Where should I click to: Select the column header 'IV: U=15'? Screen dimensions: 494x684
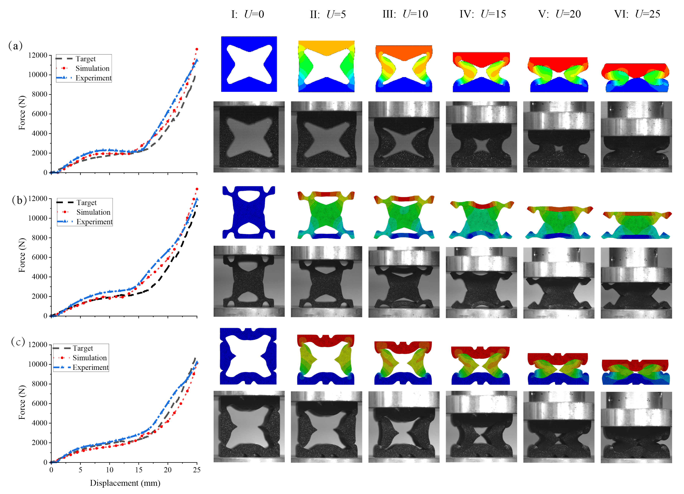pos(483,14)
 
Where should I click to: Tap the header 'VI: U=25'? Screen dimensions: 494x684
pos(637,14)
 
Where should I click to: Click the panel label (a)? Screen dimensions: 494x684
pos(15,46)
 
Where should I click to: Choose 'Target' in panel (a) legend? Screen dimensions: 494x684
pos(85,59)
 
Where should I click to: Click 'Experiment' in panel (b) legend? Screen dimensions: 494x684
pos(94,222)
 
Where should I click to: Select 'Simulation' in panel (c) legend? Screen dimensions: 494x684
pos(89,358)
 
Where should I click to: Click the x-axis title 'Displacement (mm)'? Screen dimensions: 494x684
pos(125,483)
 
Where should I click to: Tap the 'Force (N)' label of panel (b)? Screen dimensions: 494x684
pos(22,255)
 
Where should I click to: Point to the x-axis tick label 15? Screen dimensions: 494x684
pos(138,470)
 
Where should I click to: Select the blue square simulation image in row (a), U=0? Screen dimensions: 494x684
pos(249,64)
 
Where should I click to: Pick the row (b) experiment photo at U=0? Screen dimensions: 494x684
pos(249,281)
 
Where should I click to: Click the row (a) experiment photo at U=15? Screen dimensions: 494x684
pos(481,137)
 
